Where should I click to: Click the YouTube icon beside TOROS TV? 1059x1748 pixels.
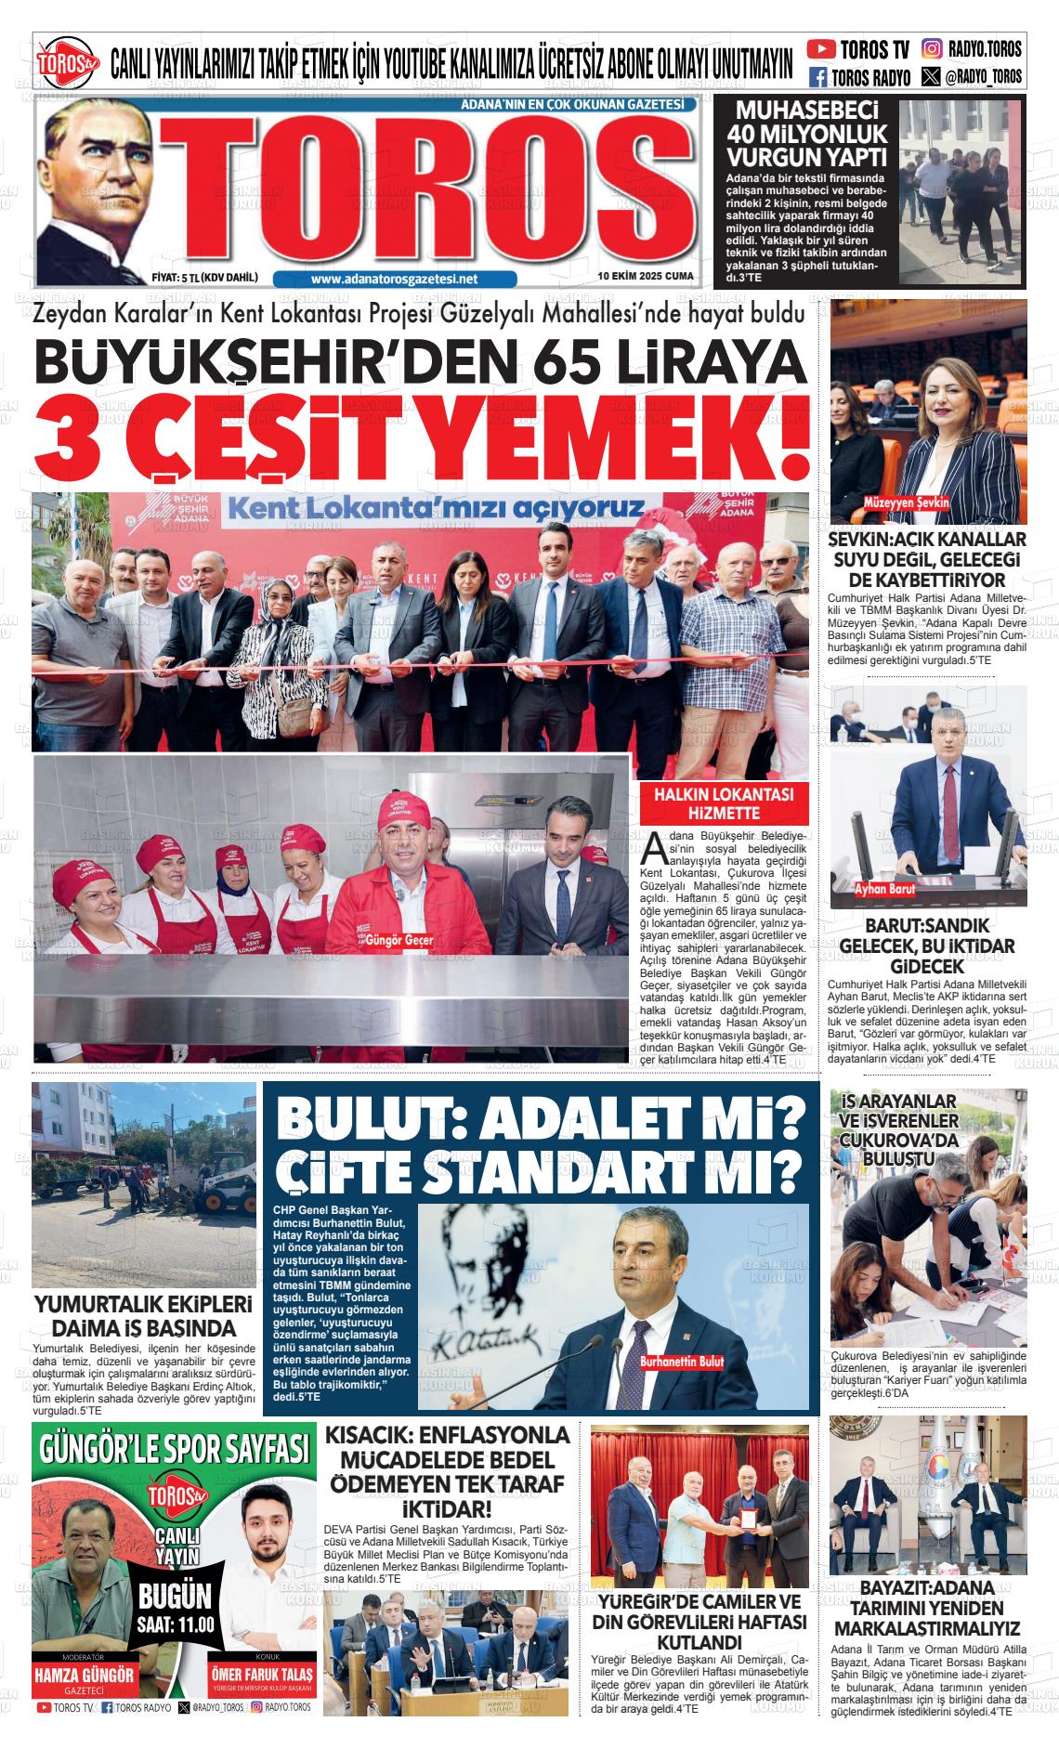coord(821,49)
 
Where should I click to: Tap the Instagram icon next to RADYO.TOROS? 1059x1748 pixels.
coord(933,49)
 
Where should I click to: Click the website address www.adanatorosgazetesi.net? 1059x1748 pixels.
coord(394,279)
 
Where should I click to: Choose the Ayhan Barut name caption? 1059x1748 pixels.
coord(885,889)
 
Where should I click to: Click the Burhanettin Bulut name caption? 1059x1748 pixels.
coord(681,1362)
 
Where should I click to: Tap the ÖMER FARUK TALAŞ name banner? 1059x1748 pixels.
coord(261,1675)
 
